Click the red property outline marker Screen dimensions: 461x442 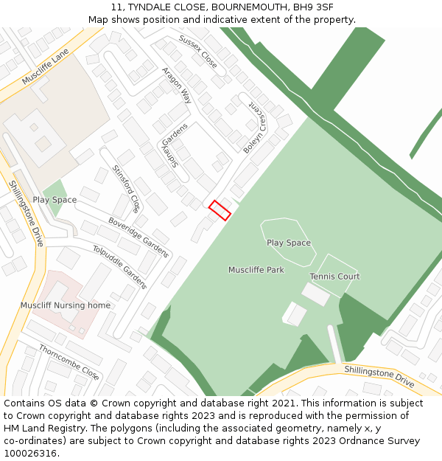tap(220, 210)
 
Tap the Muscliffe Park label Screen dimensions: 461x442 tap(256, 270)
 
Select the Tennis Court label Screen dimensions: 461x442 tap(334, 277)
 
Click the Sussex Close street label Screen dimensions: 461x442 tap(198, 52)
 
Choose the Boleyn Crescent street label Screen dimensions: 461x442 tap(254, 128)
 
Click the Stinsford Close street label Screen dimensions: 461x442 tap(126, 188)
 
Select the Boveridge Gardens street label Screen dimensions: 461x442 tap(138, 237)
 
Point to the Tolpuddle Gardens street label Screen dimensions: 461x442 tap(120, 266)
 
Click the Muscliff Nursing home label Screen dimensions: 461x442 tap(66, 305)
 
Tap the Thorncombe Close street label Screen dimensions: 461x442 tap(69, 362)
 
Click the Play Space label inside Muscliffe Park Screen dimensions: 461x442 tap(289, 243)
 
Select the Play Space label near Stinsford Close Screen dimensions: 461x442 tap(55, 200)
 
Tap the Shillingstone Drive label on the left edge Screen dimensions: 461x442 tap(27, 213)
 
